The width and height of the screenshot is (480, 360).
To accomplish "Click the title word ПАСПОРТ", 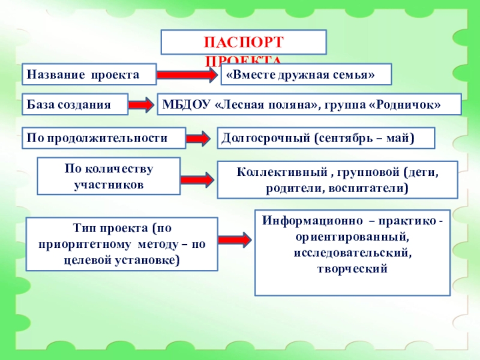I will [x=243, y=44].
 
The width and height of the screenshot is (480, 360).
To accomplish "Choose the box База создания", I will [x=75, y=104].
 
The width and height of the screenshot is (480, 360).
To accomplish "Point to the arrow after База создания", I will [x=142, y=105].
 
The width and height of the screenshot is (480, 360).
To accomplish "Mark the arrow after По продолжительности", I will [x=197, y=139].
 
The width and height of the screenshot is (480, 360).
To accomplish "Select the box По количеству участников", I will [x=109, y=176].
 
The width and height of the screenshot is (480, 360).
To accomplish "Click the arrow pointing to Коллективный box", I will [x=197, y=179].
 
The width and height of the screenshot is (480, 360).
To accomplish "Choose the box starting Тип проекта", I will [x=122, y=245].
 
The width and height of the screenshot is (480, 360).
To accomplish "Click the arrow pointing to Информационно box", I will [x=235, y=239].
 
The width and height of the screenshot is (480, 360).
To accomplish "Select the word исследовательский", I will [x=352, y=253].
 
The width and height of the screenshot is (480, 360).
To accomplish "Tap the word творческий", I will [x=352, y=269].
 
